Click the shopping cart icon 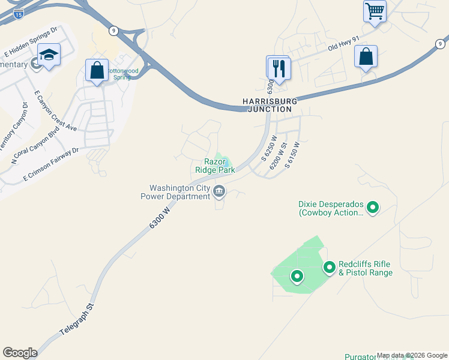click(x=375, y=11)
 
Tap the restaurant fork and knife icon click(x=279, y=67)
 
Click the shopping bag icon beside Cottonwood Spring click(x=97, y=70)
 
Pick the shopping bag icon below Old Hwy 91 click(x=366, y=57)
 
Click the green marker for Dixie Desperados click(x=373, y=208)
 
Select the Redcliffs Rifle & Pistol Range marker click(x=330, y=268)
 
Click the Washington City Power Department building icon click(x=219, y=192)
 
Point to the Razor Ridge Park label click(x=214, y=166)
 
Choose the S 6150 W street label click(x=292, y=155)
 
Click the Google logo click(x=20, y=352)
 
